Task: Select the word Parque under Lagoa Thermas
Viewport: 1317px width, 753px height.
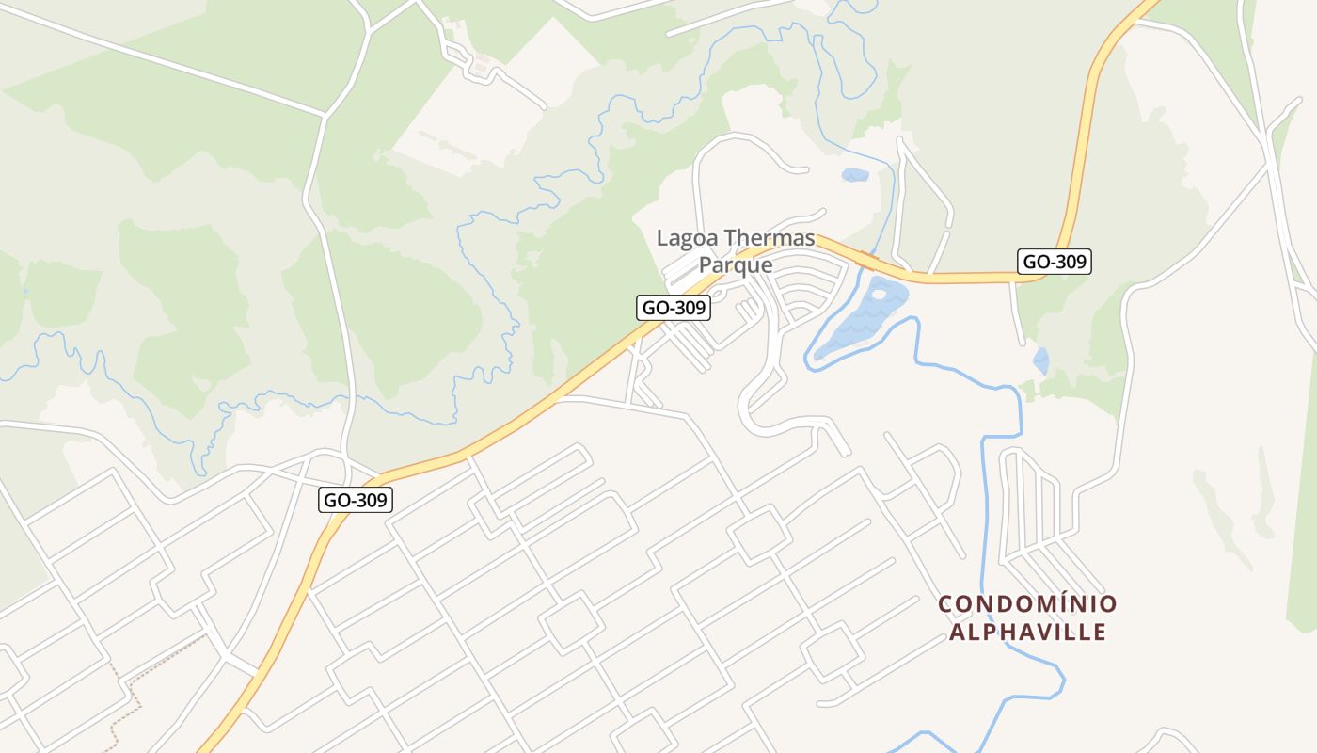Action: coord(736,265)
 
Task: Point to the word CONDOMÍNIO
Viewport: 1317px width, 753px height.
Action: coord(1027,603)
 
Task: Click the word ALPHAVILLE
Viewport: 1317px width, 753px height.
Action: coord(1027,632)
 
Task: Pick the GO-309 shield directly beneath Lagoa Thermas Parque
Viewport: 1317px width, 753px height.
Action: coord(673,307)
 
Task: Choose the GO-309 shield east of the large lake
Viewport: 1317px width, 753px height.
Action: coord(1055,262)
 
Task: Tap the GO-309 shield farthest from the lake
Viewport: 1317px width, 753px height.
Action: coord(357,500)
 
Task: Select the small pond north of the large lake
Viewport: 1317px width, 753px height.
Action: coord(855,175)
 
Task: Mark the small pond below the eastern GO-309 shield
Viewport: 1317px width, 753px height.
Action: coord(1041,360)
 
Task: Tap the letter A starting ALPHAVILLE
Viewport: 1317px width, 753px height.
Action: coord(957,632)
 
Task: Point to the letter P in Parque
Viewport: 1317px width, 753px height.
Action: coord(706,265)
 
